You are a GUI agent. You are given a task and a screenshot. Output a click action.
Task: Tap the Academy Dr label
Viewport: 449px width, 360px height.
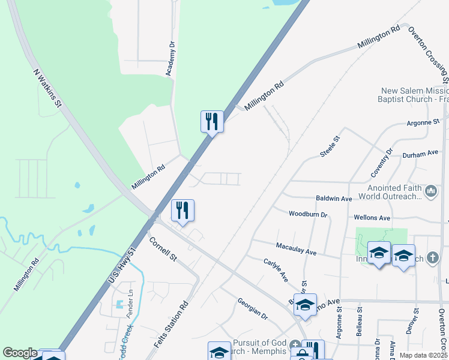[x=171, y=59]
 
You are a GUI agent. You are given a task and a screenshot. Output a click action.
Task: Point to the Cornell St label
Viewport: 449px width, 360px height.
[x=163, y=250]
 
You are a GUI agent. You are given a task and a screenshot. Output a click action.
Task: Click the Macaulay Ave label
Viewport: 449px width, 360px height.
[x=296, y=249]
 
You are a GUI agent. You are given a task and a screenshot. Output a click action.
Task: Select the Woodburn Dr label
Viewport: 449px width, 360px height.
[x=307, y=214]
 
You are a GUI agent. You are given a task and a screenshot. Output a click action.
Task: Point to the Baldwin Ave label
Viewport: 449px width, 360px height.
[x=333, y=198]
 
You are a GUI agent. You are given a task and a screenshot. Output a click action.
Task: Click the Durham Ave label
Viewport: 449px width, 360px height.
[x=420, y=154]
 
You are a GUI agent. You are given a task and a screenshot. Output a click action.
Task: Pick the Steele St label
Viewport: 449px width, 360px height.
[x=330, y=146]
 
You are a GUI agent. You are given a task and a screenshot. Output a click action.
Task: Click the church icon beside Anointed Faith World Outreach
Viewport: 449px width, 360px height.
[x=430, y=191]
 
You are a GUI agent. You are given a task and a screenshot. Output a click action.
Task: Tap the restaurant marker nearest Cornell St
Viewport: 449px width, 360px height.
[x=182, y=210]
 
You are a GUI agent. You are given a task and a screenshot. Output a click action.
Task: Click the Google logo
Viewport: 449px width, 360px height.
[x=20, y=353]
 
